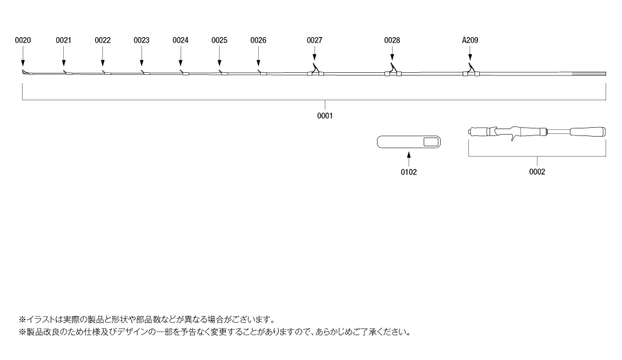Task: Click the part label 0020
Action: (23, 40)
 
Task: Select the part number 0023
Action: (141, 40)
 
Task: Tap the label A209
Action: (470, 40)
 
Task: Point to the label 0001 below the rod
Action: (325, 115)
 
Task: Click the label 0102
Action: (408, 172)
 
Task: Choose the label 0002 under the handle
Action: (537, 172)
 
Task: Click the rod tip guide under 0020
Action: (25, 72)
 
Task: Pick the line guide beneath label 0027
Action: (315, 70)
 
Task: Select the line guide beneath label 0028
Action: (393, 70)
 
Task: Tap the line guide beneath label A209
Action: (471, 70)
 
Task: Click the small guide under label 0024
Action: (185, 73)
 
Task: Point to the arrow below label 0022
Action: (102, 56)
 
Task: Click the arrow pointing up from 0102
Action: (408, 159)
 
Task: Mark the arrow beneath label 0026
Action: (258, 56)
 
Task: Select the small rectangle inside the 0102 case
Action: (430, 142)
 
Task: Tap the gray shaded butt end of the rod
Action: (588, 74)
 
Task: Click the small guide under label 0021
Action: (67, 73)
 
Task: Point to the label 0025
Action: (220, 40)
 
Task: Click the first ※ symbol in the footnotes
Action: (22, 319)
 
